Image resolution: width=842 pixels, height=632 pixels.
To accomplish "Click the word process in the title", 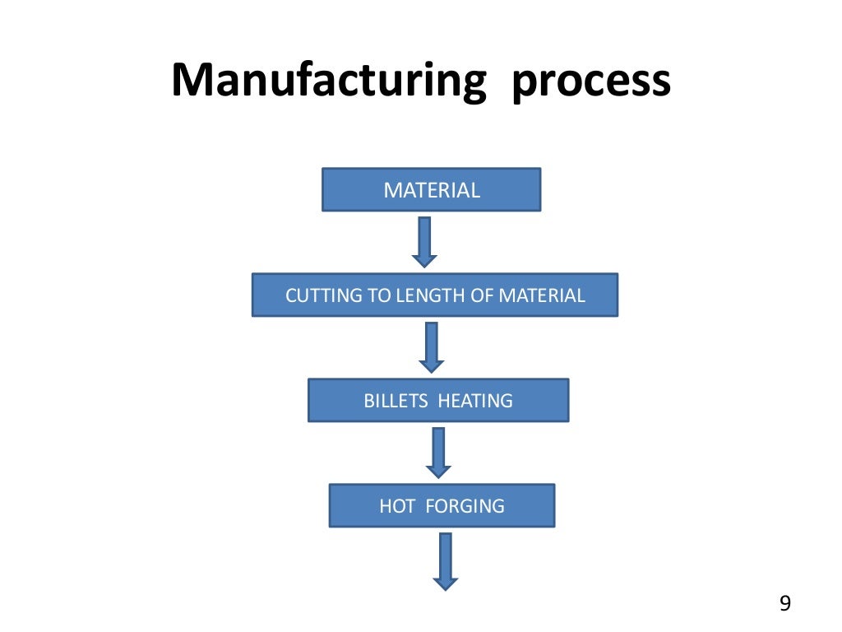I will tap(590, 82).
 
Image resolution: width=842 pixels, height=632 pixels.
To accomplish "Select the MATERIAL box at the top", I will tap(431, 190).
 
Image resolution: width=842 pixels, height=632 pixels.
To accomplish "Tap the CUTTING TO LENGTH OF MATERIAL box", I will tap(434, 295).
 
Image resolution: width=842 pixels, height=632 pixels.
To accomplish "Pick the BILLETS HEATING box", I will tap(437, 401).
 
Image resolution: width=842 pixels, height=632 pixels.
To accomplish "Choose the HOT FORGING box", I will tap(442, 505).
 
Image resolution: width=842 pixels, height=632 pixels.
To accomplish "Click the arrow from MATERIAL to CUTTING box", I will tap(424, 242).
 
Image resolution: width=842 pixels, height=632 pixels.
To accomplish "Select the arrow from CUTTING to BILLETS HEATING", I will tap(431, 346).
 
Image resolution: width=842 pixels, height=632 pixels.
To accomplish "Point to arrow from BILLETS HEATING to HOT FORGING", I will tap(438, 452).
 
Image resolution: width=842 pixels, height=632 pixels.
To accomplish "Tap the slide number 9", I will tap(784, 605).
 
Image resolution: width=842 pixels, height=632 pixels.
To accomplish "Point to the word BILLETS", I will tap(396, 401).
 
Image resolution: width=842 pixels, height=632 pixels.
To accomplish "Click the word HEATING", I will tap(475, 401).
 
